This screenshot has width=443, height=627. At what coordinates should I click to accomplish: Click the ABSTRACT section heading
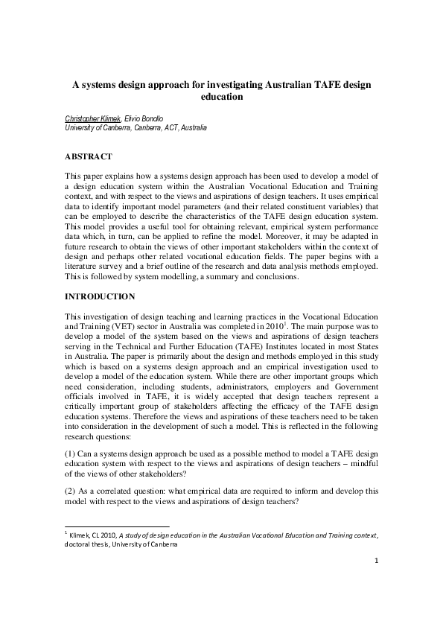pyautogui.click(x=89, y=156)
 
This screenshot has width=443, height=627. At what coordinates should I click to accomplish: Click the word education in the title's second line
pyautogui.click(x=221, y=97)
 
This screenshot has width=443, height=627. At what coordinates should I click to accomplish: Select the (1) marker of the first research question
pyautogui.click(x=71, y=452)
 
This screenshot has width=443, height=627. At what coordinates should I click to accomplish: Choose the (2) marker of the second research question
pyautogui.click(x=71, y=491)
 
